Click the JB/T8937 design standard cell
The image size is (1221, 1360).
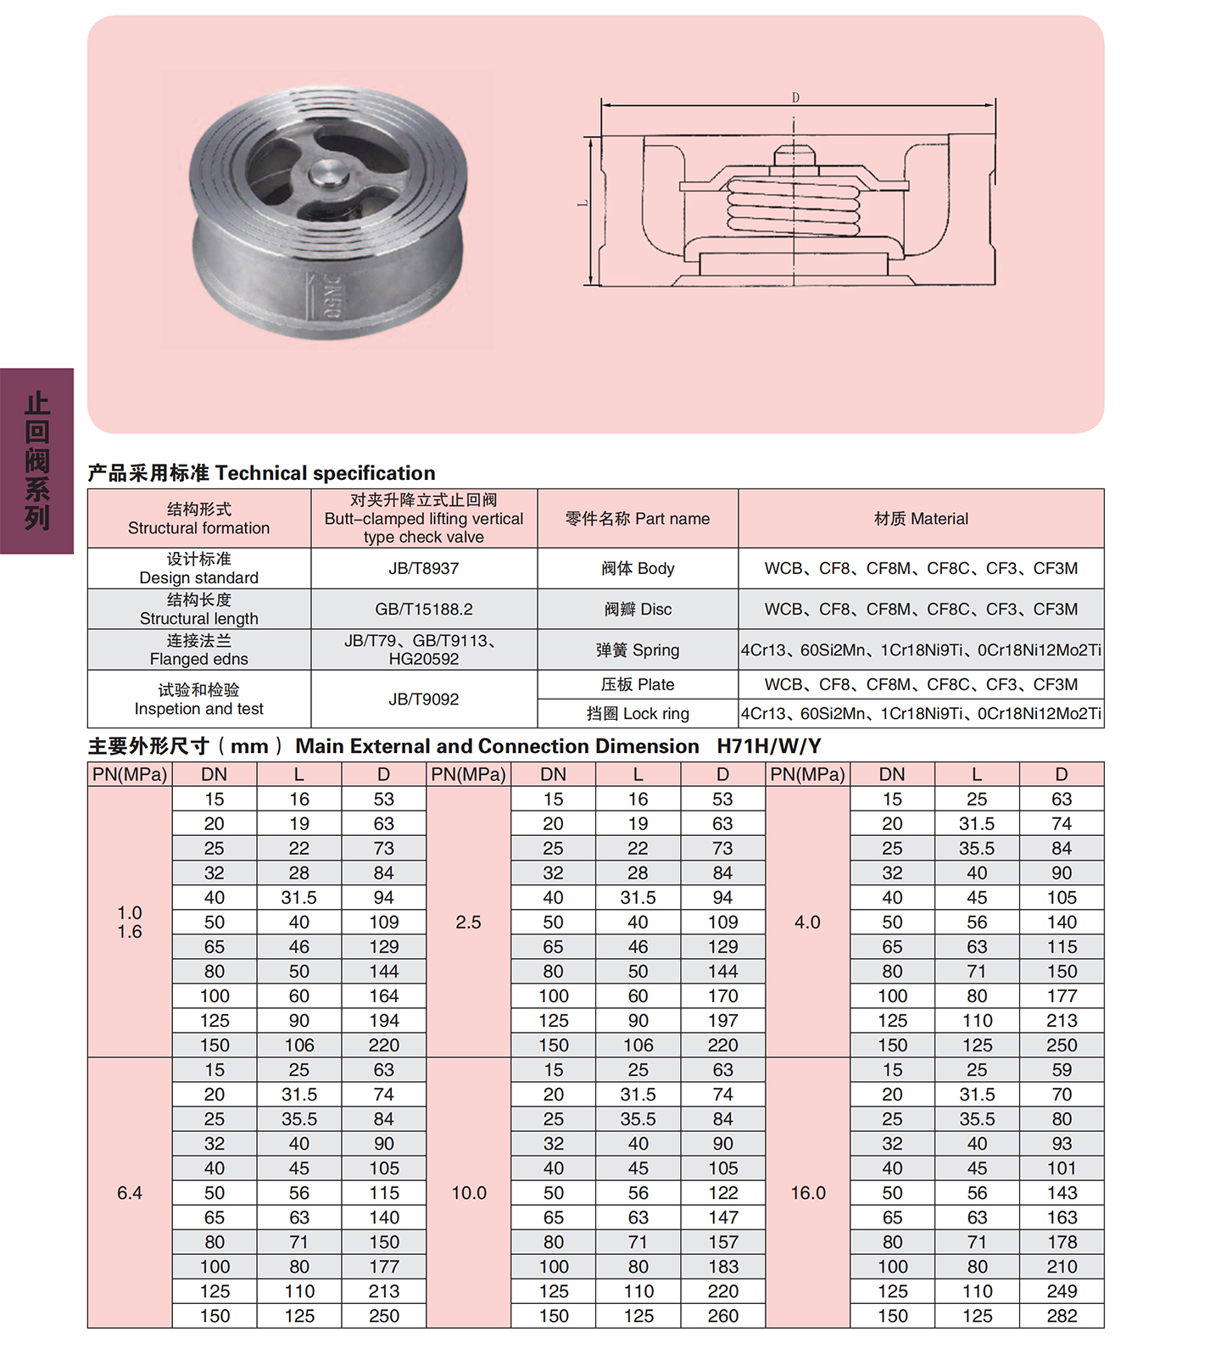[x=424, y=568]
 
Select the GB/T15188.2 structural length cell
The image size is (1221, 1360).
[x=424, y=609]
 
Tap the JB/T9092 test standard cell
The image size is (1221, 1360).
[x=424, y=699]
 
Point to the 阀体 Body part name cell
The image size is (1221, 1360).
[x=638, y=568]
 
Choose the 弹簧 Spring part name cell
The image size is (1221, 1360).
[x=638, y=649]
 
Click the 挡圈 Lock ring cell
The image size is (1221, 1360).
[x=638, y=713]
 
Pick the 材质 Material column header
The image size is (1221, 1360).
[x=921, y=518]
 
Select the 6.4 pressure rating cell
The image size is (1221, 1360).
[x=130, y=1192]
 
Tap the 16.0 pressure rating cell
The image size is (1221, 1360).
[x=807, y=1192]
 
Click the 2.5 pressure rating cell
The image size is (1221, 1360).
[x=468, y=922]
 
